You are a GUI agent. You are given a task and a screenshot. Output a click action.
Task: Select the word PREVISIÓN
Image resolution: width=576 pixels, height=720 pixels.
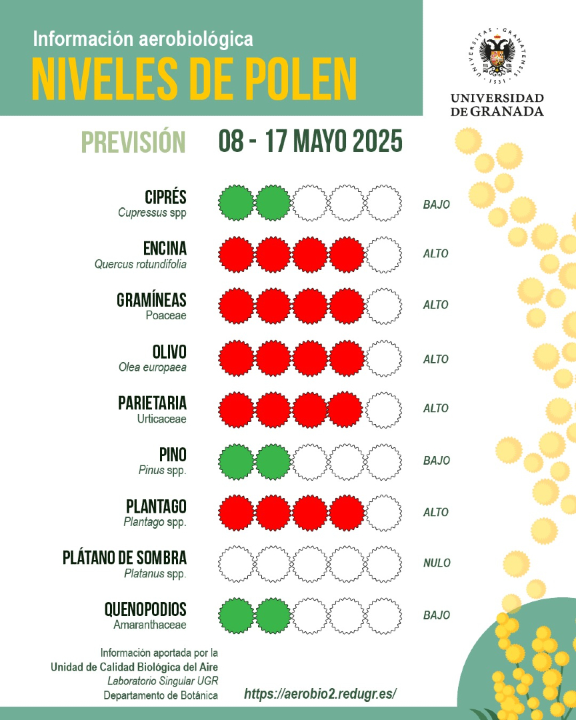click(x=133, y=142)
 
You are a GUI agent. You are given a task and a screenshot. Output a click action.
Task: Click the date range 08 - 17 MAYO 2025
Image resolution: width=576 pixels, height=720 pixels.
click(x=310, y=142)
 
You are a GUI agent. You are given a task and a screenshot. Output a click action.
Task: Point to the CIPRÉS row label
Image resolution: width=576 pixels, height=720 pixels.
click(x=165, y=197)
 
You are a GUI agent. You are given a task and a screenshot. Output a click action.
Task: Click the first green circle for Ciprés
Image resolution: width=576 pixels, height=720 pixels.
click(x=237, y=202)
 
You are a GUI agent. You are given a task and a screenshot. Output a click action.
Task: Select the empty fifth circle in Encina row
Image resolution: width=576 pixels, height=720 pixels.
click(x=384, y=254)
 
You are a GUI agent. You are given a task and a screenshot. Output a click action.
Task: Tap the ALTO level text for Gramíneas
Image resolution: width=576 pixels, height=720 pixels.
click(x=435, y=305)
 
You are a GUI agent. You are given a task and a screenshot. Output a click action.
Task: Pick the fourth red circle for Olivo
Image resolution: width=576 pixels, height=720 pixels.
click(x=347, y=358)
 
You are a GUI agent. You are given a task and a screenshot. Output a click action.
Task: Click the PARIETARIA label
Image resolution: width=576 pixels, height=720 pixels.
click(x=152, y=403)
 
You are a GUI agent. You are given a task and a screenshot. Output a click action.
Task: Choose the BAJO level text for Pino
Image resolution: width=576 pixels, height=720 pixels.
click(x=436, y=461)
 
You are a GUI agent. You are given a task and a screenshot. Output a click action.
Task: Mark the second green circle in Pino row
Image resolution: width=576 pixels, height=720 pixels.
click(x=273, y=461)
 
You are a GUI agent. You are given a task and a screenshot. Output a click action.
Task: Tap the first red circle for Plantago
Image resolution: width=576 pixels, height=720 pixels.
click(x=237, y=513)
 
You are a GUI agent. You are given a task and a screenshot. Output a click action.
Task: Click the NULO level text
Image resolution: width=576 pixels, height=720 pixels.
click(x=436, y=563)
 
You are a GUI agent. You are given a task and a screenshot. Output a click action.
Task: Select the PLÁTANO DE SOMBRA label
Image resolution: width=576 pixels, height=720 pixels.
click(x=124, y=557)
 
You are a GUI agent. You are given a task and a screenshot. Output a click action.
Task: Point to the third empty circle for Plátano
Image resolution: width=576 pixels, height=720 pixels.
click(x=310, y=564)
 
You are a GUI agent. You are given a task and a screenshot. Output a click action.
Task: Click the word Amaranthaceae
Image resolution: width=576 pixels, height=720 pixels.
click(x=150, y=625)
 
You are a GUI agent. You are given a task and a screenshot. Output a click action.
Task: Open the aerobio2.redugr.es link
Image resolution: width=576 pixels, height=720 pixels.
click(x=320, y=694)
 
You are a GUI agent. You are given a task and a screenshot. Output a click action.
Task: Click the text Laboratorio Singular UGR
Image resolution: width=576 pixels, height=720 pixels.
click(x=162, y=681)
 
